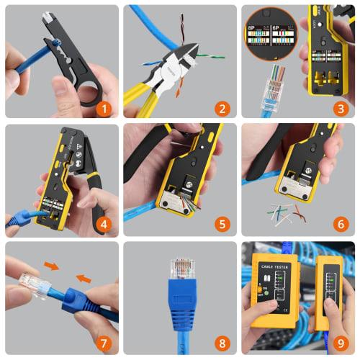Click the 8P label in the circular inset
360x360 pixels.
(253, 32)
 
